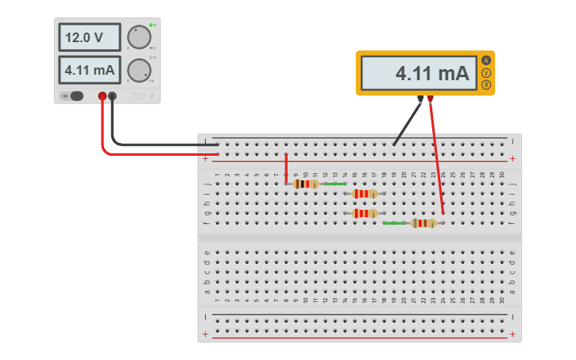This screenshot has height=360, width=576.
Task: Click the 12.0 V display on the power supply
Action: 89,37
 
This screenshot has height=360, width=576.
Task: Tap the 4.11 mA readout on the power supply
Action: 89,70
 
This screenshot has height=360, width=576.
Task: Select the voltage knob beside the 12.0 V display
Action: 139,37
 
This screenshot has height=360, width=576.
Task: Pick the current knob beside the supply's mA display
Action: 139,70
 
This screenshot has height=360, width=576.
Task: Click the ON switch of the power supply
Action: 74,96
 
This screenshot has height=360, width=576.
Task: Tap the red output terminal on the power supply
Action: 102,96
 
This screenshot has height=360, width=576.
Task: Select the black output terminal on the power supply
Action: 113,96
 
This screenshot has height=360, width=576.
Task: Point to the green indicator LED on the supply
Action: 150,25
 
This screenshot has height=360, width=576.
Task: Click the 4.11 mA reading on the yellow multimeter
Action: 418,73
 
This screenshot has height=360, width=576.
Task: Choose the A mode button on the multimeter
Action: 486,60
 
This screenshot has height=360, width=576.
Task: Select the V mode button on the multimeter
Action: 486,73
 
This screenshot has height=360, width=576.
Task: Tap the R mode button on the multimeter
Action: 486,85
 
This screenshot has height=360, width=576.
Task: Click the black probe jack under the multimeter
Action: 420,99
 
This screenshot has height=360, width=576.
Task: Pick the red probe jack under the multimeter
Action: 431,99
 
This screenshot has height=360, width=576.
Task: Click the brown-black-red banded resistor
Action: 306,184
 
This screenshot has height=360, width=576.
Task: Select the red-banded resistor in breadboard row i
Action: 365,193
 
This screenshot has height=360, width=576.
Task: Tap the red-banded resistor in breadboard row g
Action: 365,213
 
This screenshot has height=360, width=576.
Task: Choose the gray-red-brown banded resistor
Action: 423,223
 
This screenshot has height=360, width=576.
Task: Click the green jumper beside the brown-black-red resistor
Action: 335,184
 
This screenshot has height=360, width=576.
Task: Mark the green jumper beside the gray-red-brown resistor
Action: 394,223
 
